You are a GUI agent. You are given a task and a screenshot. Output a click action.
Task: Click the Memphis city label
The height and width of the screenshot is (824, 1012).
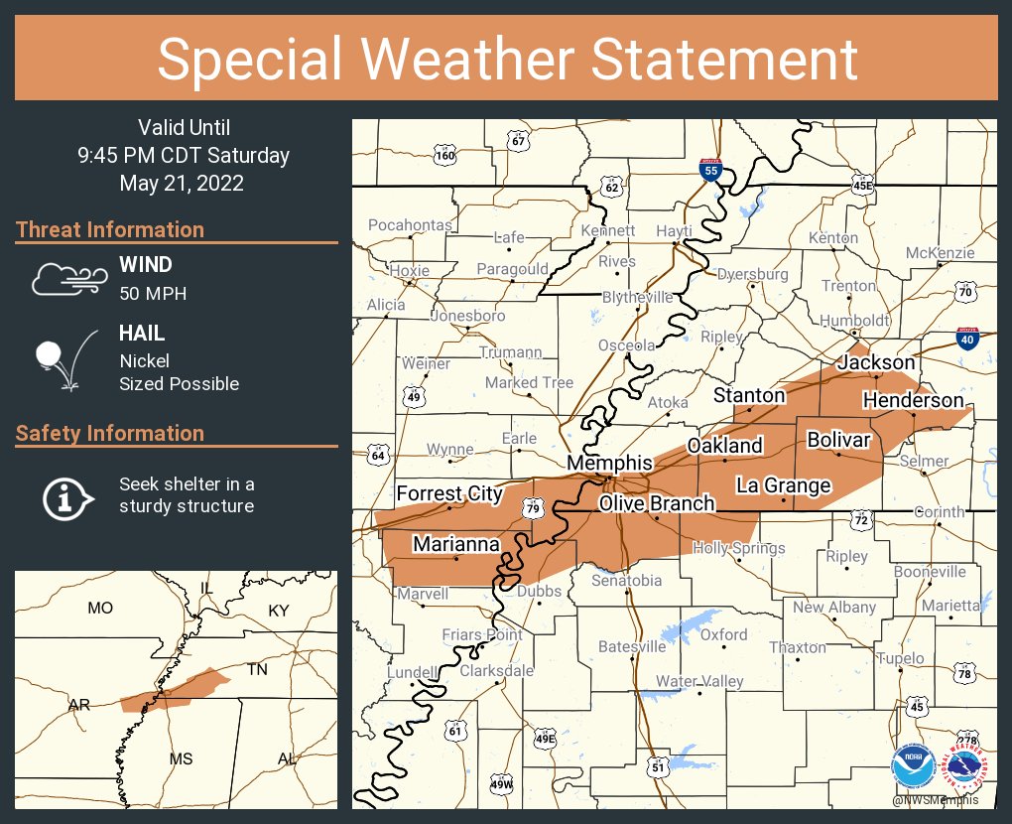click(609, 464)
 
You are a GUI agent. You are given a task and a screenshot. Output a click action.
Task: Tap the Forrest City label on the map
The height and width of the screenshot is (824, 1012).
click(450, 493)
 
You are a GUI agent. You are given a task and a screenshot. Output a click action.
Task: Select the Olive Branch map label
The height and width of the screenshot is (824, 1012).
click(656, 503)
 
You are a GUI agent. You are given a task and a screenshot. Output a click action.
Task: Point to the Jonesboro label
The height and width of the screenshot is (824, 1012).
click(467, 316)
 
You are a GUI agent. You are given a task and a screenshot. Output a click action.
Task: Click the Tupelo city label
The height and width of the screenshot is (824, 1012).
click(901, 658)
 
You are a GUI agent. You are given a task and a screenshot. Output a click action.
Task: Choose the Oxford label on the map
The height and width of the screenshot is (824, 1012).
click(724, 634)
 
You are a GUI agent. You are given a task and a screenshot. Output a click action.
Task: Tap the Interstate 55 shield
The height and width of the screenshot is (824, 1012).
click(710, 169)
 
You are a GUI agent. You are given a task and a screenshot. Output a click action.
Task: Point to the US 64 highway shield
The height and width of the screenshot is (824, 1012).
click(378, 456)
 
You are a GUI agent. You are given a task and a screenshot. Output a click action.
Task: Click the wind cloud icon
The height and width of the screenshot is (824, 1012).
click(66, 279)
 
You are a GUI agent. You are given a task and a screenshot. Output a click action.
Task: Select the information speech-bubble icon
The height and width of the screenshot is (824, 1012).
click(66, 496)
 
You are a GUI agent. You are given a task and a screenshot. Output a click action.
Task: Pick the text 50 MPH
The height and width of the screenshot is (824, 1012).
click(153, 294)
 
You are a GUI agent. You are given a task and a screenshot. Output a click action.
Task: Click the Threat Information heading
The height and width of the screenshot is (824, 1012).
click(110, 229)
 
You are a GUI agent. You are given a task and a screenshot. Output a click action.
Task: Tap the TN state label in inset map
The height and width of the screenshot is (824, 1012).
click(258, 670)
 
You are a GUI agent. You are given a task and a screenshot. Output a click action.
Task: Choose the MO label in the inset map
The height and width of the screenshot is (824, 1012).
click(100, 609)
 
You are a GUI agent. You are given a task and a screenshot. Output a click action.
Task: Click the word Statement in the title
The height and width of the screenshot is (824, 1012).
click(725, 60)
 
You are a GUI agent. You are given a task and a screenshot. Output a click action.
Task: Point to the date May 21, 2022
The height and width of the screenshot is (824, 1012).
click(182, 183)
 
